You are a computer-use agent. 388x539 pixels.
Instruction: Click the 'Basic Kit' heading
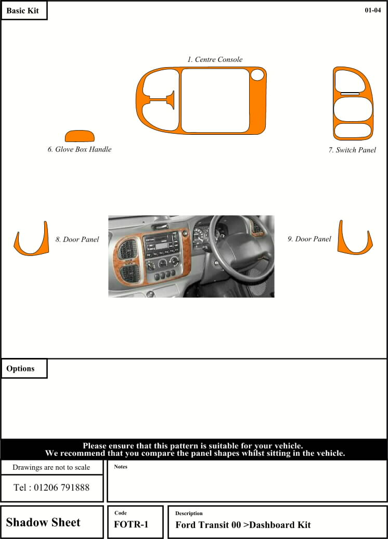tap(23, 11)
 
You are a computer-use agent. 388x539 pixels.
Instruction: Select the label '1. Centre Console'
tap(215, 60)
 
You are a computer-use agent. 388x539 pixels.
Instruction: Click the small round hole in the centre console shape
tap(257, 75)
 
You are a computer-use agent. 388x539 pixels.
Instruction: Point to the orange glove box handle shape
tap(80, 136)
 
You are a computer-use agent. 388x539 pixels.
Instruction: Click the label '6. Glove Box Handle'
tap(80, 149)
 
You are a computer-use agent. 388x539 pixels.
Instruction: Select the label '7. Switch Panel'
tap(352, 150)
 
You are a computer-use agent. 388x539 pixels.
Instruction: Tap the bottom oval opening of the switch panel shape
tap(353, 130)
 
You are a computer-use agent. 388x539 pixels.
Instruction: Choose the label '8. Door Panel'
tap(77, 240)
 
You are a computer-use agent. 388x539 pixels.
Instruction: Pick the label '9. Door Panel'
tap(309, 239)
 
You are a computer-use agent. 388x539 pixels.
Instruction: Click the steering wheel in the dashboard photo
tap(237, 255)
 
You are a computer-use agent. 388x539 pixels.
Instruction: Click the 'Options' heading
tap(21, 369)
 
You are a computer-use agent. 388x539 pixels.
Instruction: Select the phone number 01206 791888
tap(51, 488)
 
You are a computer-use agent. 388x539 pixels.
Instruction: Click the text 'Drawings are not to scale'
tap(51, 467)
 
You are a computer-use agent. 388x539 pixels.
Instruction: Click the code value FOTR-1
tap(131, 524)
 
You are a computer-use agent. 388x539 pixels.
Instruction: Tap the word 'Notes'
tap(121, 467)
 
